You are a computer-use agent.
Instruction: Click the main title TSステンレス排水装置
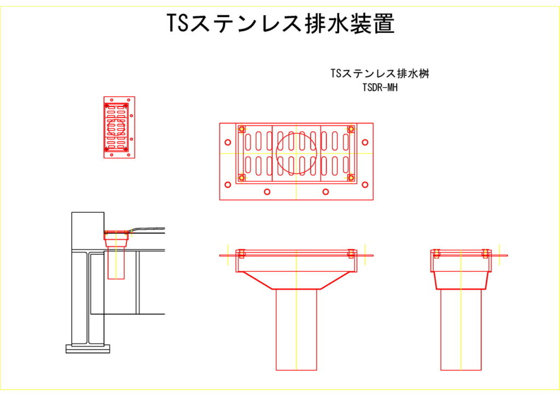[x=280, y=24]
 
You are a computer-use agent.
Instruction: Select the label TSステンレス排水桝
[x=379, y=74]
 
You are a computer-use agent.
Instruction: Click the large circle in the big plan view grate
[x=296, y=153]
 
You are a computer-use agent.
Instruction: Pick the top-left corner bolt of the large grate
[x=241, y=129]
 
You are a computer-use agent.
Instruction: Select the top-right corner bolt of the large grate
[x=351, y=129]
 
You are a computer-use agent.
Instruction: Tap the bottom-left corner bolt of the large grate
[x=241, y=177]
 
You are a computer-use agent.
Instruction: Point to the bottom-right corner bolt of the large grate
[x=351, y=177]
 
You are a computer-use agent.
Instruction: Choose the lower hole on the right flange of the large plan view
[x=365, y=184]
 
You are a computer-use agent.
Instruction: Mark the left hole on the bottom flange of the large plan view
[x=267, y=192]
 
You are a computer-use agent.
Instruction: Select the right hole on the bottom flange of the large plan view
[x=325, y=192]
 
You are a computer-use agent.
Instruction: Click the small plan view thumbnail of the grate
[x=119, y=128]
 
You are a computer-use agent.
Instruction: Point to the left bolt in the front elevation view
[x=240, y=254]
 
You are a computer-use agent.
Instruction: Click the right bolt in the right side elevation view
[x=485, y=253]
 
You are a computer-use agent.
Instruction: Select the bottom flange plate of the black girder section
[x=87, y=348]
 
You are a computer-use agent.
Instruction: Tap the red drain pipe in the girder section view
[x=116, y=263]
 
